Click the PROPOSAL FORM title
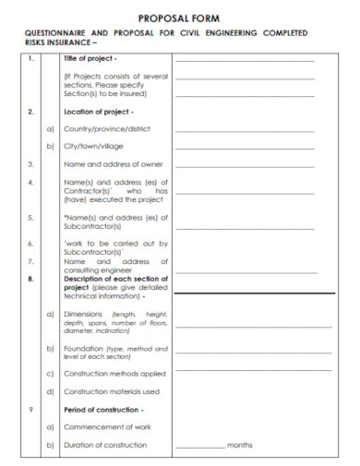pyautogui.click(x=179, y=18)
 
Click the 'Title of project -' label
pyautogui.click(x=90, y=58)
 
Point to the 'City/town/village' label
pyautogui.click(x=92, y=146)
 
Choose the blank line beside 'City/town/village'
pyautogui.click(x=244, y=149)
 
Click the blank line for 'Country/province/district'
pyautogui.click(x=244, y=132)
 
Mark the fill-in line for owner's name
pyautogui.click(x=244, y=167)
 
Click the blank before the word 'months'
pyautogui.click(x=199, y=448)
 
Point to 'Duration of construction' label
pyautogui.click(x=105, y=445)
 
